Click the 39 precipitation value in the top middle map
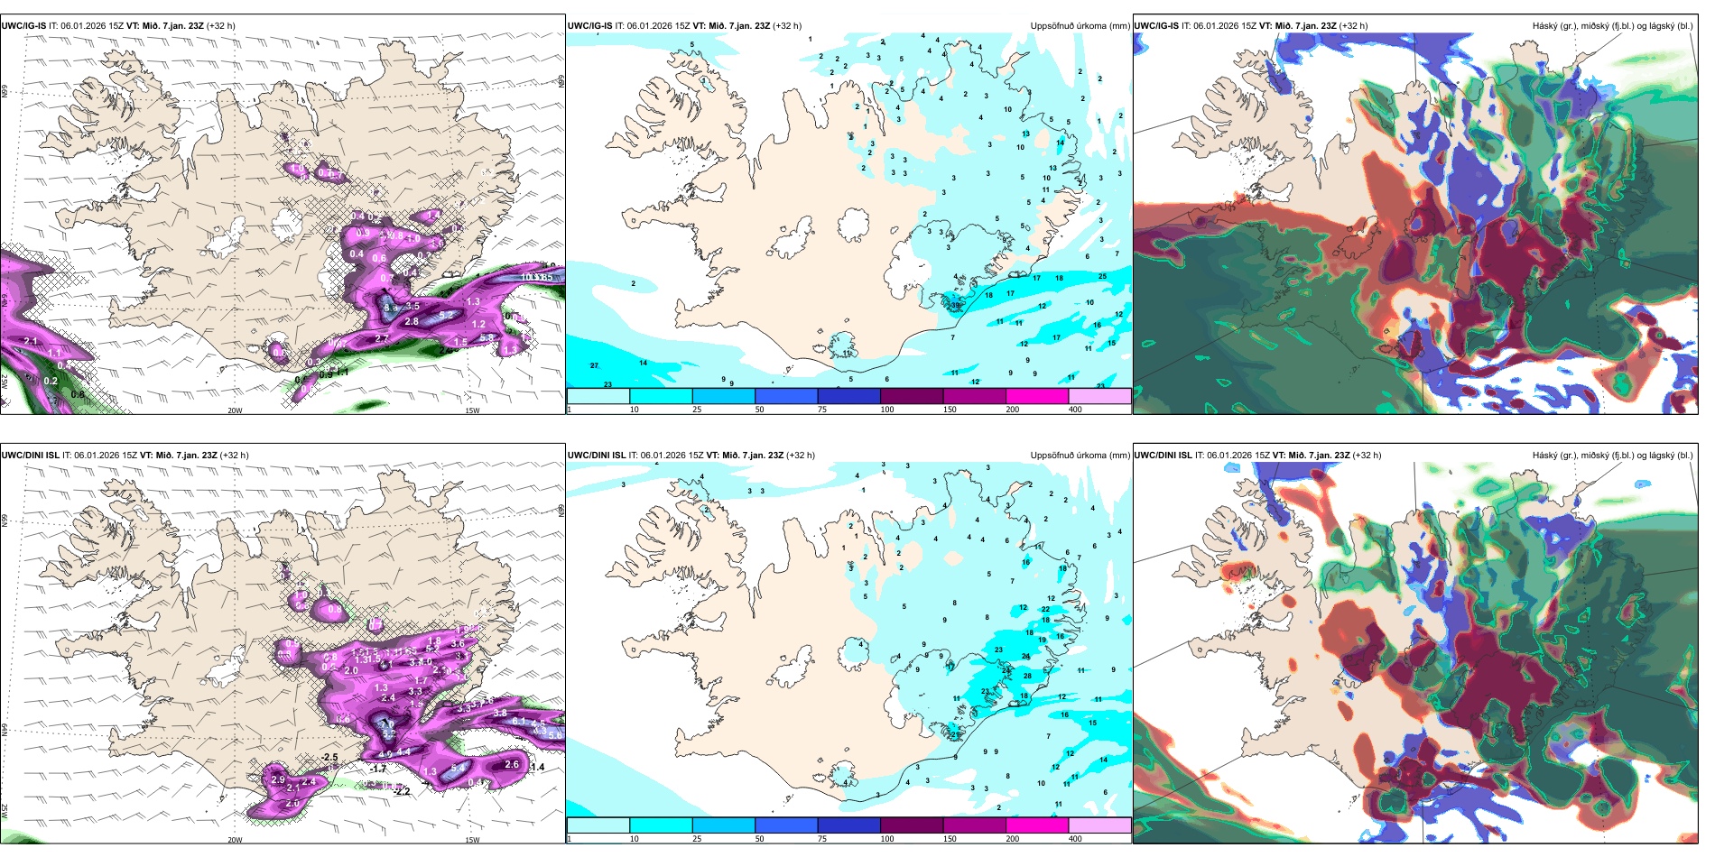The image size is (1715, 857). click(x=956, y=305)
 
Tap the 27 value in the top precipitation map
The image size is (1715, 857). click(x=594, y=365)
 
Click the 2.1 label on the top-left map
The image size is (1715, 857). click(x=31, y=341)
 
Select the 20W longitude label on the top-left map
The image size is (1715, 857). click(x=235, y=410)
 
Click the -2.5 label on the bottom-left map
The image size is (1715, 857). click(x=329, y=758)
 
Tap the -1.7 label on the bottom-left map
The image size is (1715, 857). click(x=378, y=769)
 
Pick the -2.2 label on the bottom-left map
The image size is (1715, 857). click(x=402, y=791)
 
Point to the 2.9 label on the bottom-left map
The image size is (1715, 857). click(x=278, y=779)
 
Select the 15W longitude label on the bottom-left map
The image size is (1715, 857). click(x=472, y=840)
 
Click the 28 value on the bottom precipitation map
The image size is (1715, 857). click(x=1027, y=676)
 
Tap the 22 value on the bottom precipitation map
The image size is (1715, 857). click(x=1045, y=610)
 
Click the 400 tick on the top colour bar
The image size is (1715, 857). click(x=1075, y=410)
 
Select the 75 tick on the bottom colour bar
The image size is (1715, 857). click(x=822, y=839)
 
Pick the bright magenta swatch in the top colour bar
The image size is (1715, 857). click(x=1037, y=396)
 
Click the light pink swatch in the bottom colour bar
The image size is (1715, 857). click(x=1099, y=825)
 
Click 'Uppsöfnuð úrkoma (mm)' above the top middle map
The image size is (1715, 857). click(x=1080, y=26)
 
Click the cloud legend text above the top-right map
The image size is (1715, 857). click(x=1612, y=26)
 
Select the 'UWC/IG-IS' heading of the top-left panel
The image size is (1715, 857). click(x=23, y=26)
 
